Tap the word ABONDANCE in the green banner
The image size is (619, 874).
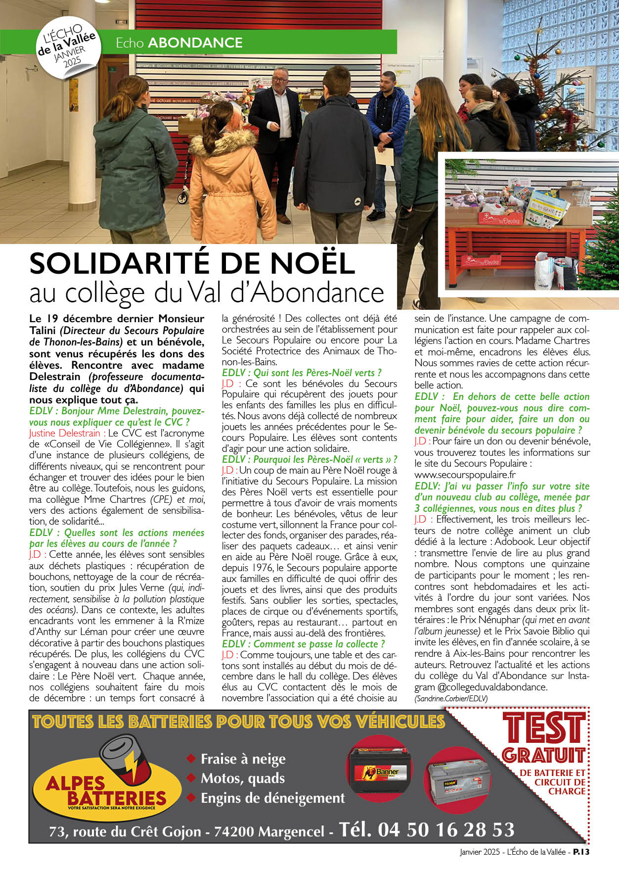pyautogui.click(x=195, y=43)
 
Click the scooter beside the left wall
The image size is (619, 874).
pyautogui.click(x=183, y=183)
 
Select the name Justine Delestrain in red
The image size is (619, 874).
pyautogui.click(x=64, y=433)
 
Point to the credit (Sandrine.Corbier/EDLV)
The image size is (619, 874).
pyautogui.click(x=451, y=698)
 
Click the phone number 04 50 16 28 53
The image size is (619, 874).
pyautogui.click(x=446, y=830)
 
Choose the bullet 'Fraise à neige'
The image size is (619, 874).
pyautogui.click(x=243, y=759)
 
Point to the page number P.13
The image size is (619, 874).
pyautogui.click(x=581, y=852)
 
